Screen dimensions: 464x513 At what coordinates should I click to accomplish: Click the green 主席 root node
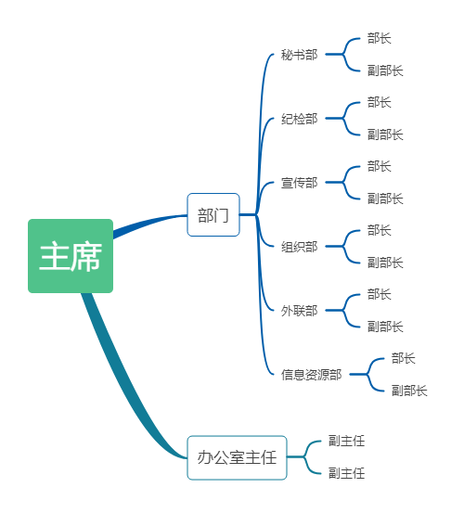71,256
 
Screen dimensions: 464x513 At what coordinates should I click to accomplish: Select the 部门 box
213,214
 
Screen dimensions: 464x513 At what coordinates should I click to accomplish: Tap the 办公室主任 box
237,457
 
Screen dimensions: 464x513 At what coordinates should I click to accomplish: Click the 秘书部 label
300,55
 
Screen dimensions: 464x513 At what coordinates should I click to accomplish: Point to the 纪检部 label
300,119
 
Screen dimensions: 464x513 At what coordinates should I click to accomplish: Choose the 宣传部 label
300,183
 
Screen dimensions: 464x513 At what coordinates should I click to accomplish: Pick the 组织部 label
300,247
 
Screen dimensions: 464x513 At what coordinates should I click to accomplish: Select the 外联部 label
300,311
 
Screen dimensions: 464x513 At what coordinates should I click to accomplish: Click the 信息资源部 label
311,375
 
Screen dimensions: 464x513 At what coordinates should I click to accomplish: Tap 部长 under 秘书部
380,38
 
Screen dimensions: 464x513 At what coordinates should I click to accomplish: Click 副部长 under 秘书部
385,71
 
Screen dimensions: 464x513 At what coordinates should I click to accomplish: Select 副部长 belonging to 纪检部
385,135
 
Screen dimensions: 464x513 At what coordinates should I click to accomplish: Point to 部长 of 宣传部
380,166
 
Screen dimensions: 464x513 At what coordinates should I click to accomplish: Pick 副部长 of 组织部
385,263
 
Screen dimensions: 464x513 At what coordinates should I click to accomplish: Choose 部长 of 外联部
380,294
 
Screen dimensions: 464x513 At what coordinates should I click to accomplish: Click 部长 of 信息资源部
403,358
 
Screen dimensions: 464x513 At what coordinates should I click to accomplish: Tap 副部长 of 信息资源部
409,391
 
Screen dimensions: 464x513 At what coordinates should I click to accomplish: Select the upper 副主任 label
346,441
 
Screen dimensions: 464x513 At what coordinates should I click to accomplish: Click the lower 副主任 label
346,473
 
